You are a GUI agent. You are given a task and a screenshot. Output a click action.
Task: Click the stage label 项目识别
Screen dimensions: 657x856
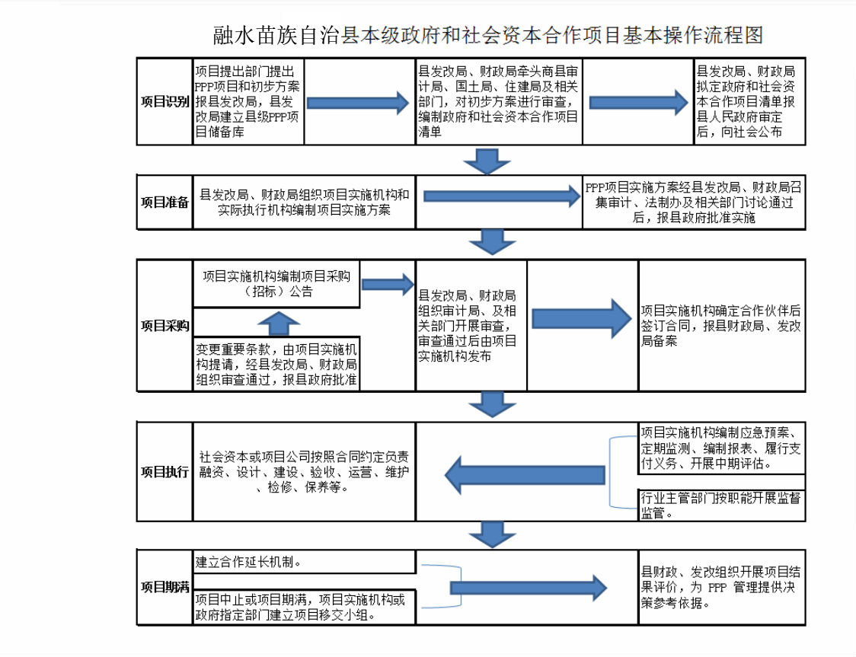164,102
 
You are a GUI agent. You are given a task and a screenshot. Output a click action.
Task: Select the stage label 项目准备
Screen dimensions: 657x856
164,203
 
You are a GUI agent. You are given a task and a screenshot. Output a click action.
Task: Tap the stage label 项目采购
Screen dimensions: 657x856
164,325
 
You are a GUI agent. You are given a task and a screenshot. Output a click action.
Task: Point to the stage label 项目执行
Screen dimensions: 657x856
164,472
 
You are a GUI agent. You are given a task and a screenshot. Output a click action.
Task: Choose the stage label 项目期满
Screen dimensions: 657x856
164,587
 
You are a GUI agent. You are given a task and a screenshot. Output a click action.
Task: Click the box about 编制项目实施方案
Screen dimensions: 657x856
304,203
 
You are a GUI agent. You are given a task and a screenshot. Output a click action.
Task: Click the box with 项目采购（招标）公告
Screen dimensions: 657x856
276,283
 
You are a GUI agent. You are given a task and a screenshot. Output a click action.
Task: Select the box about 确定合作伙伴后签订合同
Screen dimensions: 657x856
720,325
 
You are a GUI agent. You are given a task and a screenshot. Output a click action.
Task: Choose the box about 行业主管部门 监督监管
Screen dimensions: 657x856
720,505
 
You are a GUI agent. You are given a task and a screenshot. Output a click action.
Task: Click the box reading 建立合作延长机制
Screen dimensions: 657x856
304,563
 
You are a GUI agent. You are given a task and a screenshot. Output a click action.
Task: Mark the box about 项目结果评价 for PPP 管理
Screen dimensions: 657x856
720,587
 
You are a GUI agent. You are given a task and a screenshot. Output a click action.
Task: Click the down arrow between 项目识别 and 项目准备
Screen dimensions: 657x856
482,161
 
